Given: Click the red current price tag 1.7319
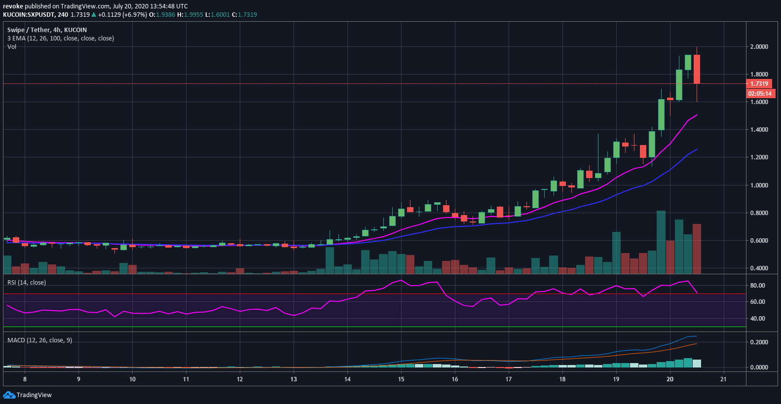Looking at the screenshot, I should coord(759,84).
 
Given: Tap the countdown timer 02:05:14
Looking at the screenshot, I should coord(760,94).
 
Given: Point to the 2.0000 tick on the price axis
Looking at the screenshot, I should coord(759,47).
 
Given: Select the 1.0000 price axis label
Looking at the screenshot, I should coord(759,185).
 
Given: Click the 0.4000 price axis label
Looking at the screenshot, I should coord(759,268).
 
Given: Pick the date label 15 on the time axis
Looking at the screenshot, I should coord(401,379).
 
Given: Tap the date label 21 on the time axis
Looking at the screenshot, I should coord(723,379).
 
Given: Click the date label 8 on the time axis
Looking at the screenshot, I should coord(25,379).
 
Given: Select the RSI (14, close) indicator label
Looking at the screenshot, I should coord(27,283).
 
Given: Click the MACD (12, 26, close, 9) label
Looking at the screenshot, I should coord(39,340).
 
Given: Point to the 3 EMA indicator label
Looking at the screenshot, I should coord(60,38).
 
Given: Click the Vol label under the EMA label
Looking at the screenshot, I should coord(12,47).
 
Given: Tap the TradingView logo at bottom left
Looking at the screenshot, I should coord(28,395).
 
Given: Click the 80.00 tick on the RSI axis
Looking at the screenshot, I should coord(757,286).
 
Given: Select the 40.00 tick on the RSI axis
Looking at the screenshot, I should coord(757,319).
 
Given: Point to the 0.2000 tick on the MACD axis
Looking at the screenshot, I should coord(759,342).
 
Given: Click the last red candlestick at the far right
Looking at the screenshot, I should coord(697,69).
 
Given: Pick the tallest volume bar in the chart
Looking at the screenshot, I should coord(661,242).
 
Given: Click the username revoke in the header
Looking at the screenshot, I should coord(13,6).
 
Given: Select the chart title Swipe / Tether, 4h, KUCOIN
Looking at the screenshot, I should coord(47,30).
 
